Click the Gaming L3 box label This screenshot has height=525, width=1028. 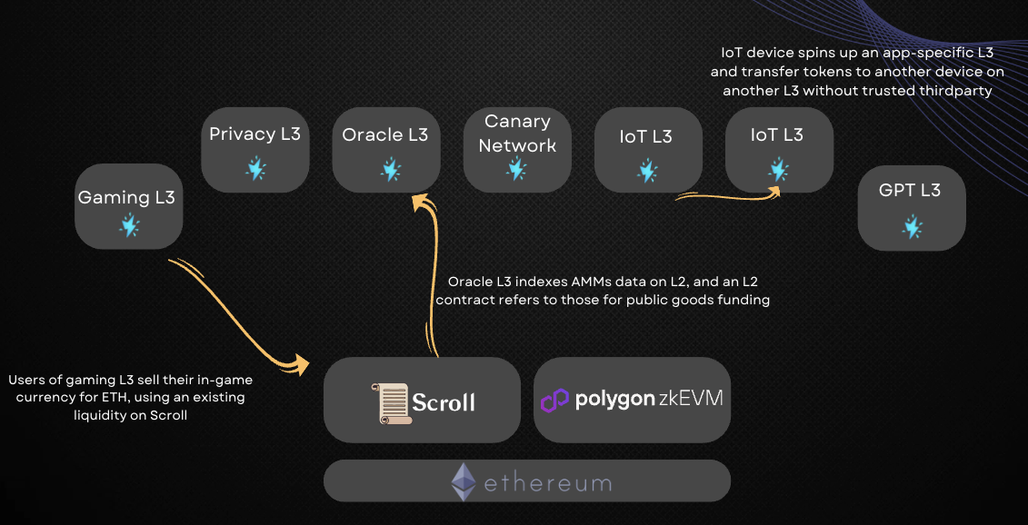click(126, 197)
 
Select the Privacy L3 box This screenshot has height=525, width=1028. click(255, 150)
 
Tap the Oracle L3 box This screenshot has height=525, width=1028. click(385, 150)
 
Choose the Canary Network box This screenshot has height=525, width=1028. click(517, 150)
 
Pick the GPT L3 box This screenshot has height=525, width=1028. click(911, 208)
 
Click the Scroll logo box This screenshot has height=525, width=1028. click(422, 400)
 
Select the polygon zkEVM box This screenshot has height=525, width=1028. click(632, 400)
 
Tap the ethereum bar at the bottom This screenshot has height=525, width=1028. click(526, 481)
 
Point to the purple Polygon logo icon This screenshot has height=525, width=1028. click(554, 401)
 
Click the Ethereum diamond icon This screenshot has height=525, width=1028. click(464, 481)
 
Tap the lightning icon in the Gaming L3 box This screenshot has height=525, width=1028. click(129, 225)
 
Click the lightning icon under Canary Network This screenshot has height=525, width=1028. click(516, 169)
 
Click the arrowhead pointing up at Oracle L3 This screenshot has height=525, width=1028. click(419, 203)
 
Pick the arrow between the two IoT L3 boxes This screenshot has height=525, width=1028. click(727, 193)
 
